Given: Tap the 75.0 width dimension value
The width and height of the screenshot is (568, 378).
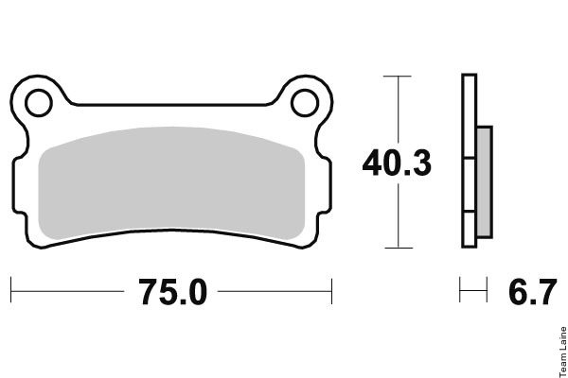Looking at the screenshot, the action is tap(173, 292).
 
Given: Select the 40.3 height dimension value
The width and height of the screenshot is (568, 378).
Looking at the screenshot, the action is tap(397, 163).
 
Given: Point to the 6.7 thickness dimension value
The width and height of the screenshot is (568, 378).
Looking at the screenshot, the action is tap(532, 292).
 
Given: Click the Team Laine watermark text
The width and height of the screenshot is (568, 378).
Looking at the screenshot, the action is tap(563, 352).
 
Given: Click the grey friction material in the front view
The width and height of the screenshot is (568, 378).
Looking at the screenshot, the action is tap(171, 182).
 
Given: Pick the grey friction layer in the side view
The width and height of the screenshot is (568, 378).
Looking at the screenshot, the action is tap(484, 182).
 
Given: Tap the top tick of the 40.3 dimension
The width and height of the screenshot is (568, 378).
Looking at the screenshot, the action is tap(398, 77).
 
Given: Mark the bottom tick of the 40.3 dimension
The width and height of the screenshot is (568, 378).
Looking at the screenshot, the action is tap(399, 248).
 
